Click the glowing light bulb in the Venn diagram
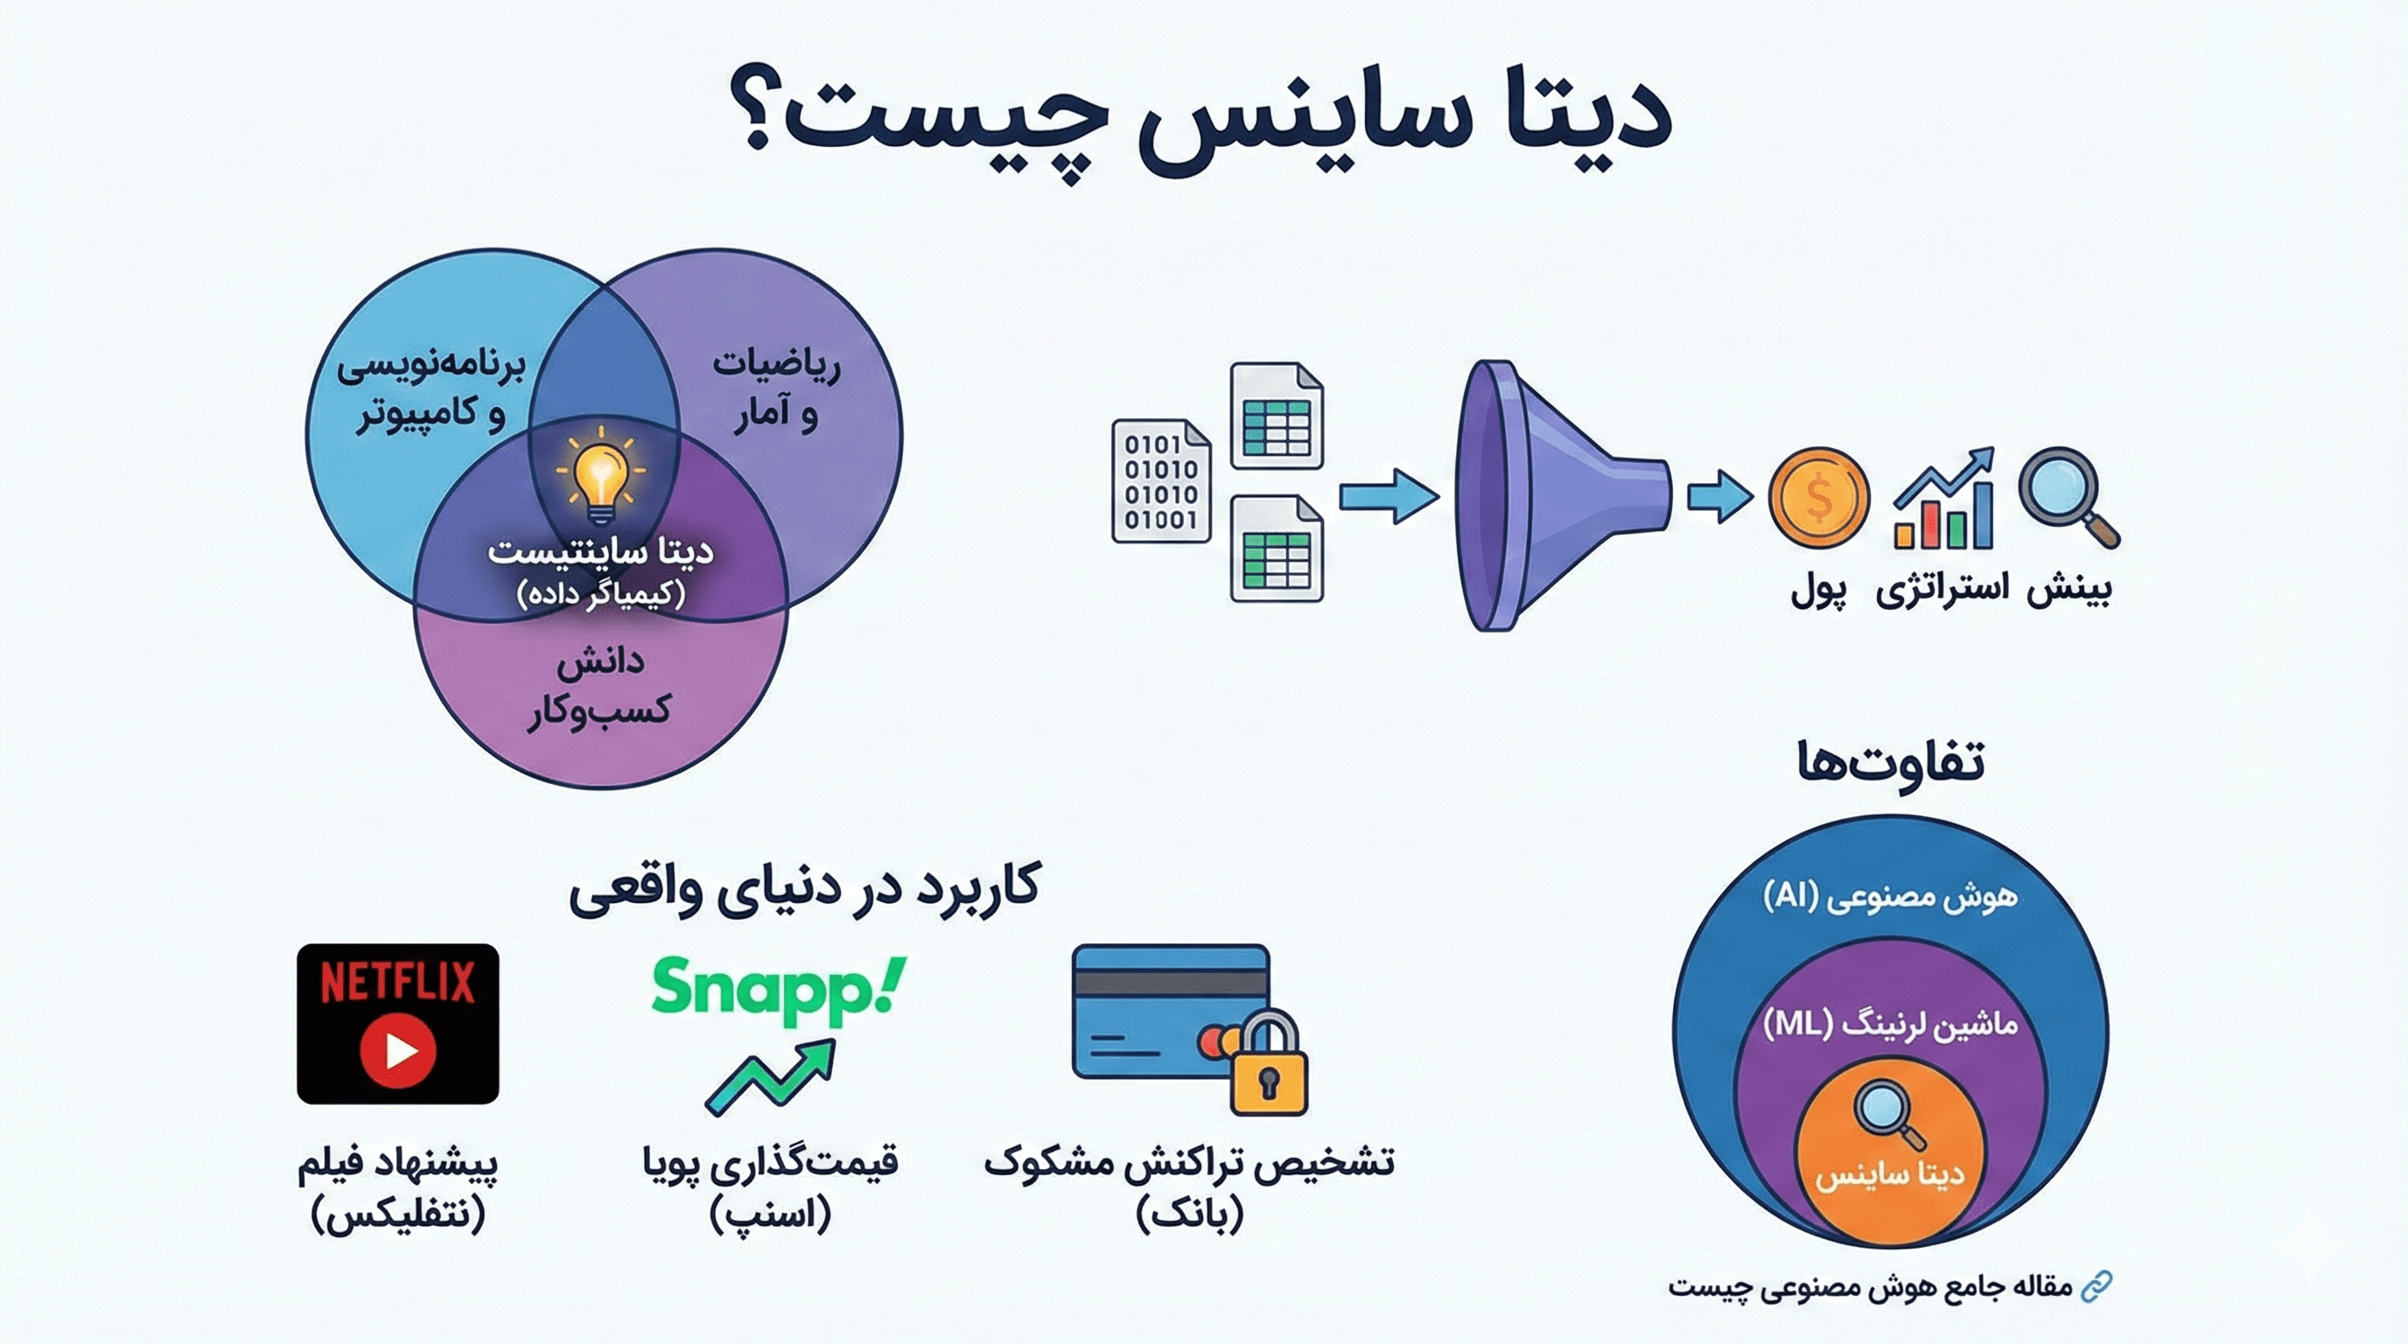pos(600,478)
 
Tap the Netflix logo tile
pos(397,1024)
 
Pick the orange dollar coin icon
pos(1818,497)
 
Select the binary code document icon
pos(1160,481)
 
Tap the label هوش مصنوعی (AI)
pos(1889,896)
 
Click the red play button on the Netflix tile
pos(398,1051)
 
